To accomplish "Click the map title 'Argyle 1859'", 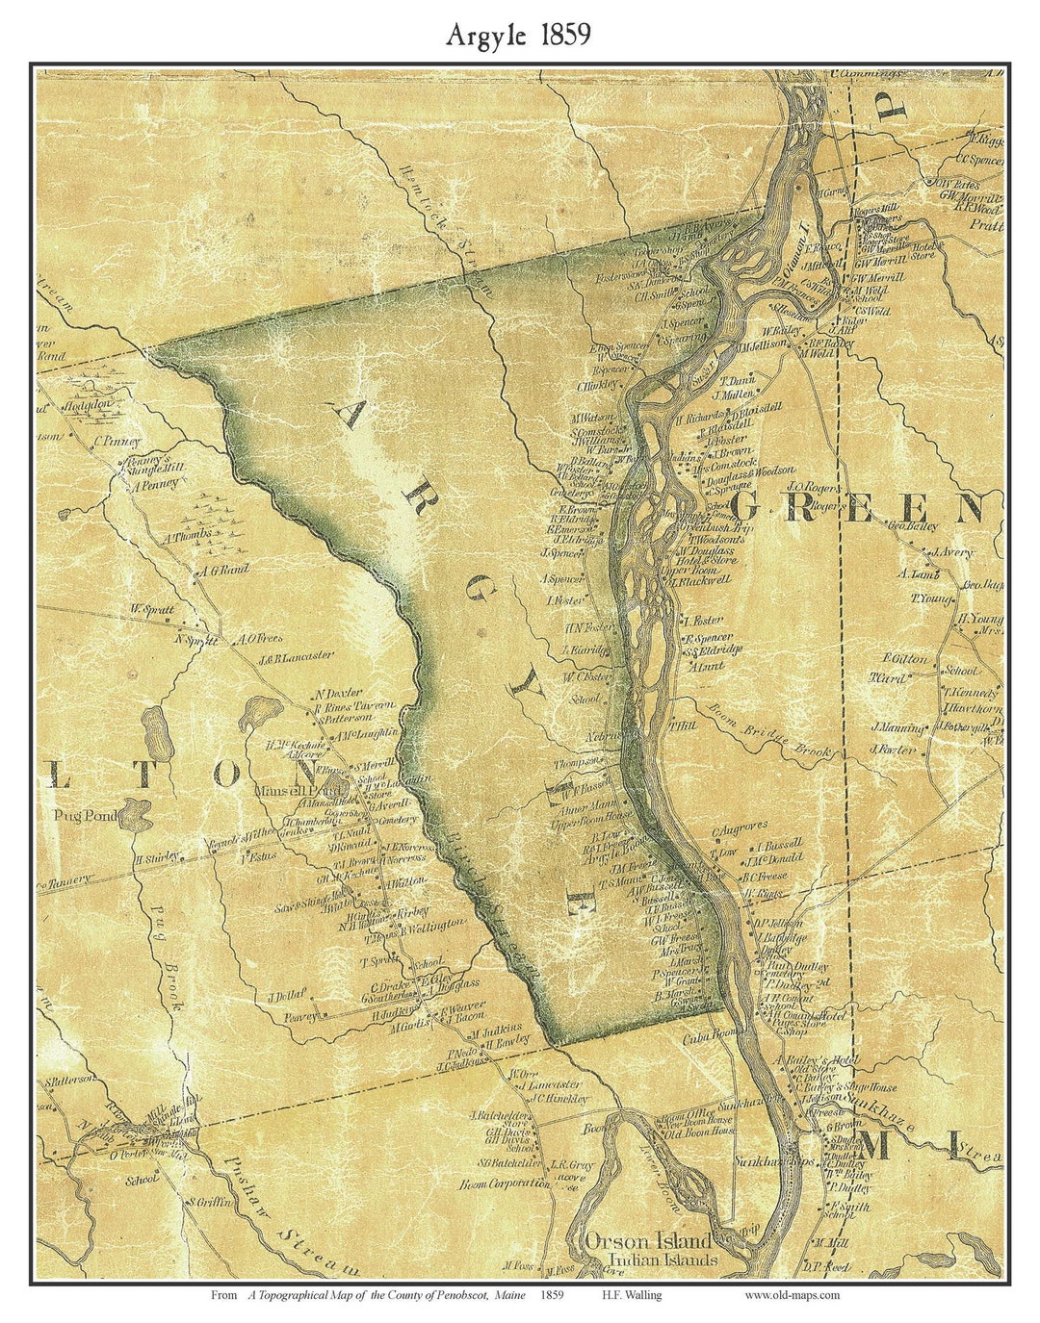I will (x=518, y=36).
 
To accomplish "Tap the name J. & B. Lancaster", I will (x=295, y=657).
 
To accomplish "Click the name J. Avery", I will (x=951, y=553).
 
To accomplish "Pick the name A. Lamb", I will (x=919, y=574).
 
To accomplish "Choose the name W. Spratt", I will (x=154, y=609).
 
